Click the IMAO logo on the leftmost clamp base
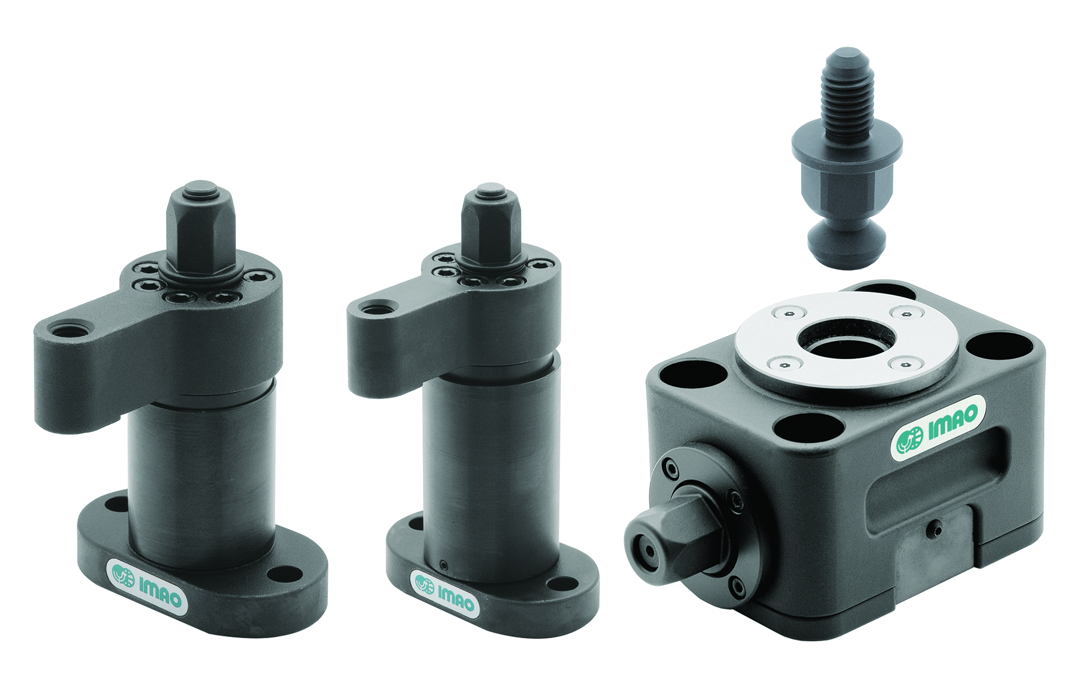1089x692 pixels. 147,584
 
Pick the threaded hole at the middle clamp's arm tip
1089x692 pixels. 369,309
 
